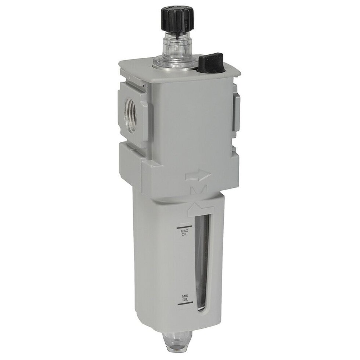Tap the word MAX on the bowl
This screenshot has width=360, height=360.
pos(184,231)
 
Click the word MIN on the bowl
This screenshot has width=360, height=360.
pos(185,295)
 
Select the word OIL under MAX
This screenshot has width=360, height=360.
pos(184,235)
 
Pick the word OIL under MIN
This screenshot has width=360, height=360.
pos(185,299)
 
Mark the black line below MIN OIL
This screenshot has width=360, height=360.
pos(185,303)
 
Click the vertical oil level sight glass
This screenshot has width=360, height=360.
pos(202,264)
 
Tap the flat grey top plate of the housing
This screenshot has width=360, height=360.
pos(184,68)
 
